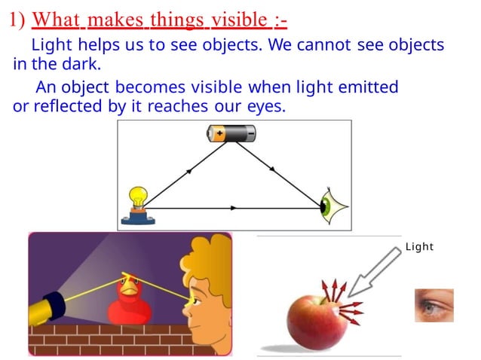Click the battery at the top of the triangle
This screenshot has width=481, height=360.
click(x=231, y=134)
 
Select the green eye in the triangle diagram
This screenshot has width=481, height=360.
click(x=329, y=206)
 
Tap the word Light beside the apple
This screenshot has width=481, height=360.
click(x=419, y=246)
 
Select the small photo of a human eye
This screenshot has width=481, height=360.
click(x=434, y=305)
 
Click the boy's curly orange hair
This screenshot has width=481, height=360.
click(x=204, y=256)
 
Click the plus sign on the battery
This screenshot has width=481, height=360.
click(x=219, y=134)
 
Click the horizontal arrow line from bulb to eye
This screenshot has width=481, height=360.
click(x=234, y=207)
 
